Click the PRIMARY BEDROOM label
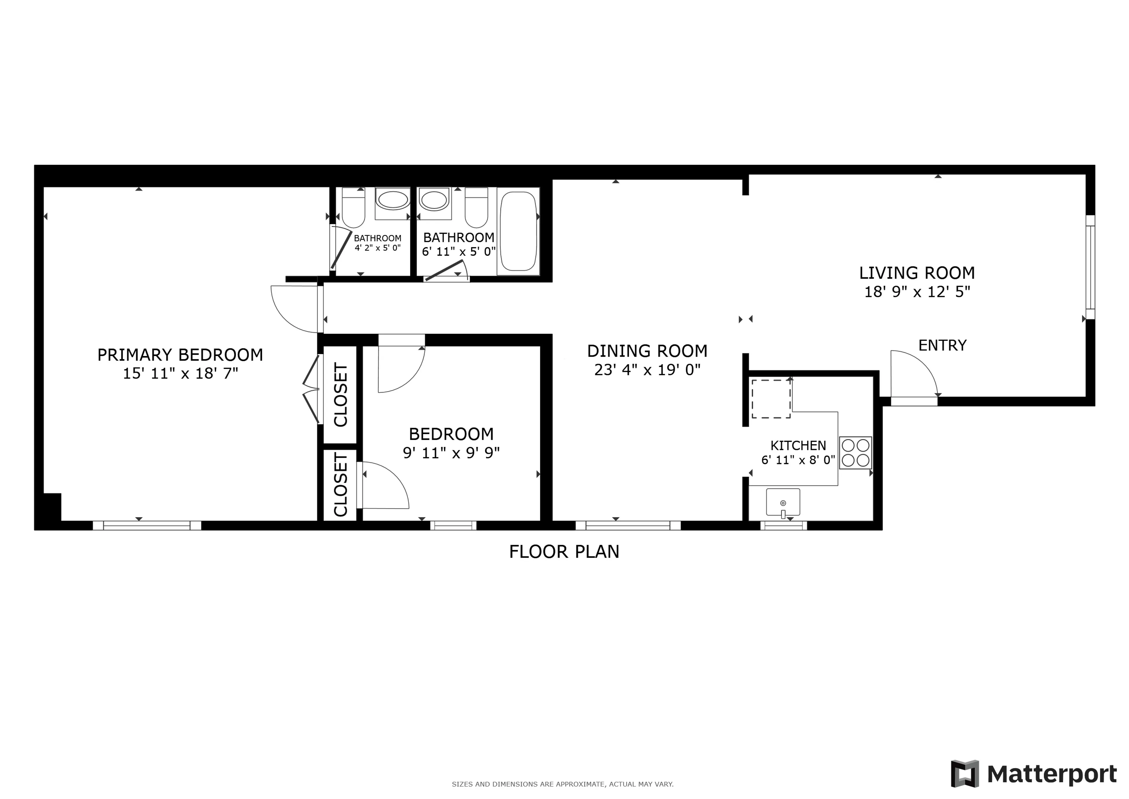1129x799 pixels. click(x=180, y=355)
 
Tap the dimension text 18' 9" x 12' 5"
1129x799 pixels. click(x=917, y=292)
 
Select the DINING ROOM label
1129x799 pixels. click(x=647, y=351)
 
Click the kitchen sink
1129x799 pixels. click(x=783, y=502)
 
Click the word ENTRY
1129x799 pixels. click(x=942, y=346)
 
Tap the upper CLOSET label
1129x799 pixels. click(x=341, y=395)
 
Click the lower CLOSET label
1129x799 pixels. click(x=341, y=484)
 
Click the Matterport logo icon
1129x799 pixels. click(x=964, y=774)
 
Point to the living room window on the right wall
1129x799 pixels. click(x=1090, y=267)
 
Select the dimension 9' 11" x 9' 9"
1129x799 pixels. click(x=451, y=453)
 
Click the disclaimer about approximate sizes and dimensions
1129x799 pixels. click(x=563, y=784)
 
